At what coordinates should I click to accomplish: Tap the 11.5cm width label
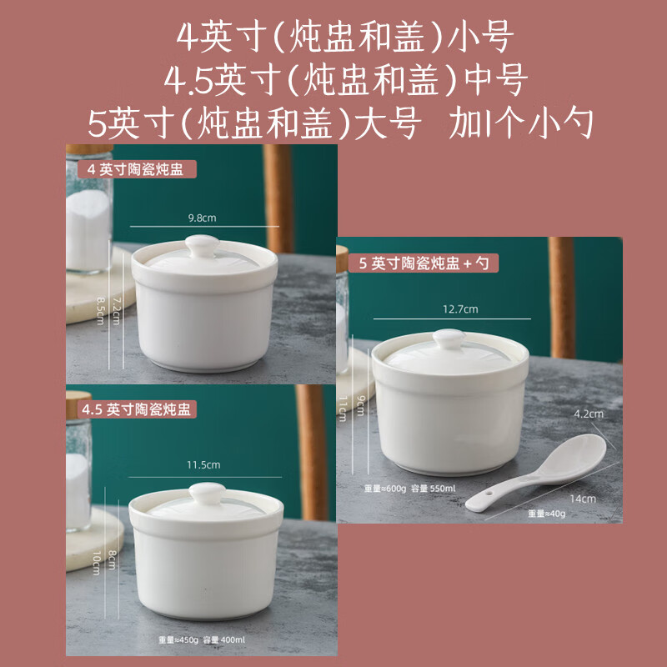203,464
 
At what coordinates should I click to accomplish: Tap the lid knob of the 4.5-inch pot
203,492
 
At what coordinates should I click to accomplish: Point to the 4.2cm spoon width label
588,414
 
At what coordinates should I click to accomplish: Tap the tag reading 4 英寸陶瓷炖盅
130,168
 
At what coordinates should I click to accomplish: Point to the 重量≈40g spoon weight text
546,514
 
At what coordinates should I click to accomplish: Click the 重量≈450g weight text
179,640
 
